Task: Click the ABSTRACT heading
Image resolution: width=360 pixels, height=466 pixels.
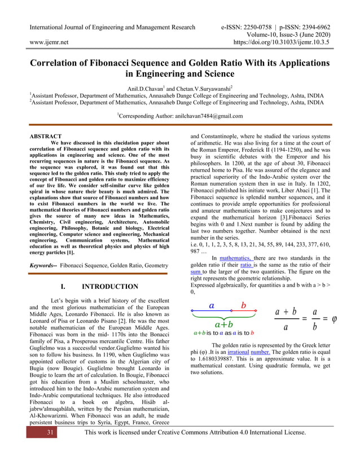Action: (45, 136)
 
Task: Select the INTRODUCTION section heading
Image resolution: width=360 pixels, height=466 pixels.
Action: (109, 287)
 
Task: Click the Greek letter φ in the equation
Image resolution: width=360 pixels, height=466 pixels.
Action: (334, 319)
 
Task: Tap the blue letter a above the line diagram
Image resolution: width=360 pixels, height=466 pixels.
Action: (212, 305)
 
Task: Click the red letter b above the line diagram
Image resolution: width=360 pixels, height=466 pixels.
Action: (244, 305)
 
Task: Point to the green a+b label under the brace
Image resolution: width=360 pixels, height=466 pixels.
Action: (223, 324)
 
